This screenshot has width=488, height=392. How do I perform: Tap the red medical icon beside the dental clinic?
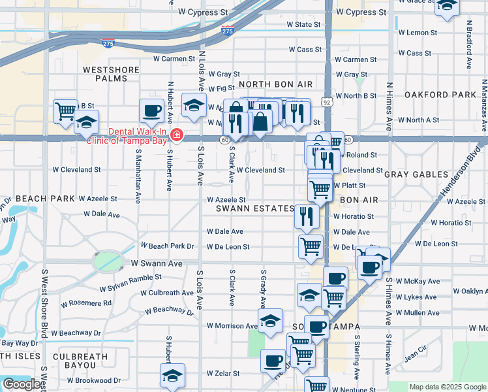176,135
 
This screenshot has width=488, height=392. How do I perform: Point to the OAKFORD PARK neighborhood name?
440,95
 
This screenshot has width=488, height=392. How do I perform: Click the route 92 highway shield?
326,103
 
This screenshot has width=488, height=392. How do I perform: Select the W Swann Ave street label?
157,263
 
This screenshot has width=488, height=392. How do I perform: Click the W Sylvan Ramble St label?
130,283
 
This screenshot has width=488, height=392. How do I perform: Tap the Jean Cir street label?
414,356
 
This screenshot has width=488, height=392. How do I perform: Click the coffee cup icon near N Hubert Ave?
151,110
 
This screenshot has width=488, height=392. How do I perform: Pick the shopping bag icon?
260,122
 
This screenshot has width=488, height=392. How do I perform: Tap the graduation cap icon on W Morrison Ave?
270,320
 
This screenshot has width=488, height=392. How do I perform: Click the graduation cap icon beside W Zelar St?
172,376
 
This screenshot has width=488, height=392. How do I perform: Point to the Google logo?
22,384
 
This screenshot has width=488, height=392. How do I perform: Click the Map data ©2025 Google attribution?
447,387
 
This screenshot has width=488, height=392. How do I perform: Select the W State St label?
304,25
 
